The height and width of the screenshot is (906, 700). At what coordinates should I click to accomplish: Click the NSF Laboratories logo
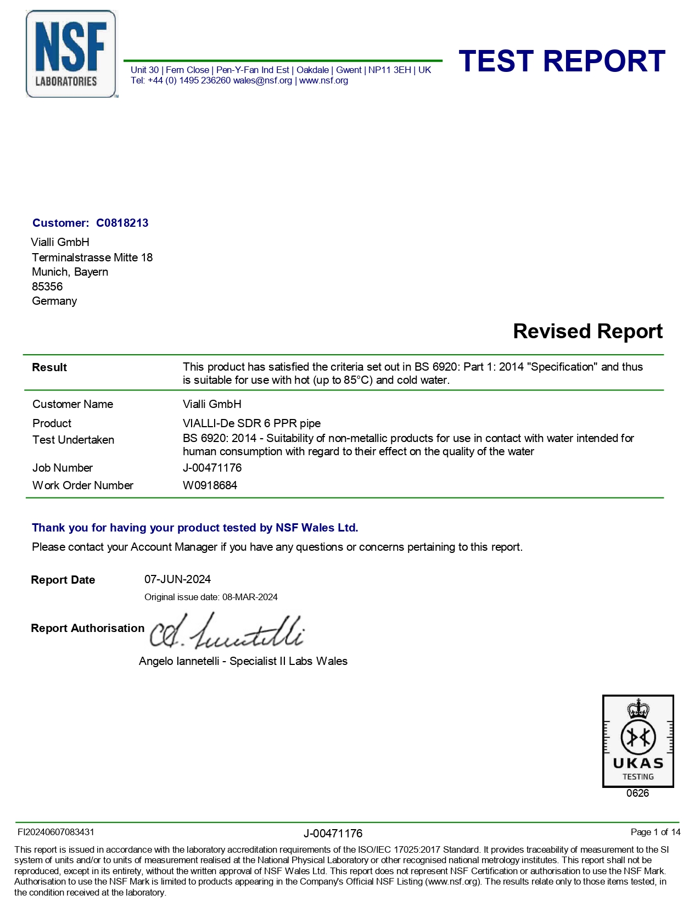71,54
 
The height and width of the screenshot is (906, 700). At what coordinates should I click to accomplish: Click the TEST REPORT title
562,61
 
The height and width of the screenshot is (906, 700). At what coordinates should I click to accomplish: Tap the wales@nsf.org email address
262,81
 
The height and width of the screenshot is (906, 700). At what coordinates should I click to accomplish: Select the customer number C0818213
122,223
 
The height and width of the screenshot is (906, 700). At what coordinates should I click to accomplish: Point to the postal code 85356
47,287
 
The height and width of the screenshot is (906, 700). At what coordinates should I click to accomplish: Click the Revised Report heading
587,332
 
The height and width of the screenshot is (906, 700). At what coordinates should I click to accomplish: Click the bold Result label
49,367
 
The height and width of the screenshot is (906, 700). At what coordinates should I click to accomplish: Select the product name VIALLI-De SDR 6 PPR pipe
251,423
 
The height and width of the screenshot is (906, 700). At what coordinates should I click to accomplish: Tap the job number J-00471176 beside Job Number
212,468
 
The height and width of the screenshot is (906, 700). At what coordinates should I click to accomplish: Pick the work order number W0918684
210,485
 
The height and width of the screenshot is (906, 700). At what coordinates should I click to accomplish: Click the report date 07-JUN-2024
177,579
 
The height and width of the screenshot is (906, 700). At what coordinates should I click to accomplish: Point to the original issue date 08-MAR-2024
250,597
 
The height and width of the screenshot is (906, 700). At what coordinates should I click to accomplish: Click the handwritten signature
226,632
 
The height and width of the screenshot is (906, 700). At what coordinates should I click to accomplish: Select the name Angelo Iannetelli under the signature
179,661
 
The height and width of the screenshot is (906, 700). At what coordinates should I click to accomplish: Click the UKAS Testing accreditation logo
637,741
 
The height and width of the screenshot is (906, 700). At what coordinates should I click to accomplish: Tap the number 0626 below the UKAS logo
637,793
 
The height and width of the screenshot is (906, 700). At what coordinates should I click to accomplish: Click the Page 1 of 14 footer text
655,832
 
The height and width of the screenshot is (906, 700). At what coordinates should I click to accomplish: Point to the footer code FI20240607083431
56,832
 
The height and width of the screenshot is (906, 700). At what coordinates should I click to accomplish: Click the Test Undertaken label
73,440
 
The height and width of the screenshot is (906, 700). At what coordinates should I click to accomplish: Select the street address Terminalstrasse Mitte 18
92,258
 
